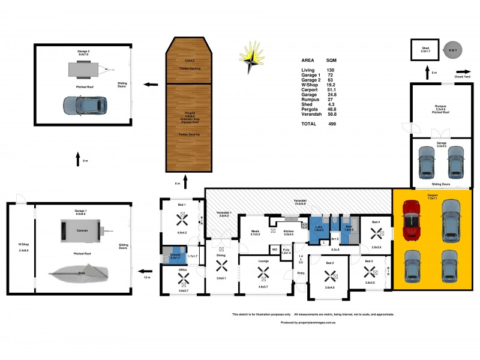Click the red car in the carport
pyautogui.click(x=412, y=220)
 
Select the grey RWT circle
pyautogui.click(x=453, y=50)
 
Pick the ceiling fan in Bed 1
pyautogui.click(x=181, y=220)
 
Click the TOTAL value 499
pyautogui.click(x=332, y=124)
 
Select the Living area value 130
pyautogui.click(x=330, y=70)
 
